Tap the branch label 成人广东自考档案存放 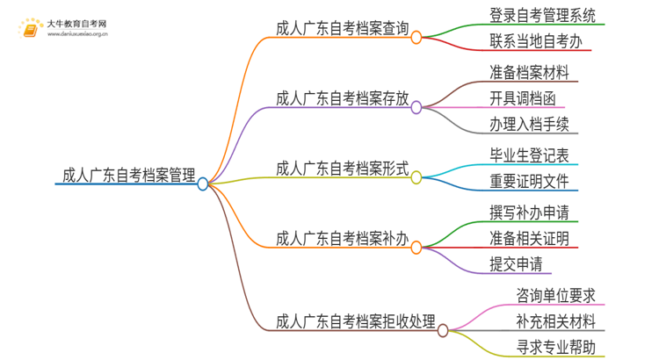[342, 98]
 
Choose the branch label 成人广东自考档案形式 [342, 168]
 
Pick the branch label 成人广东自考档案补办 [342, 237]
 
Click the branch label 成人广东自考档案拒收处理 [355, 320]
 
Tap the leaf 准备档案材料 [528, 70]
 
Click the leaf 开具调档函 [522, 97]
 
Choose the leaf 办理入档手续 [528, 125]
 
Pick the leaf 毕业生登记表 [528, 155]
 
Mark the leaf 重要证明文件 [528, 182]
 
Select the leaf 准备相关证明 [528, 238]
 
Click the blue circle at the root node [203, 184]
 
